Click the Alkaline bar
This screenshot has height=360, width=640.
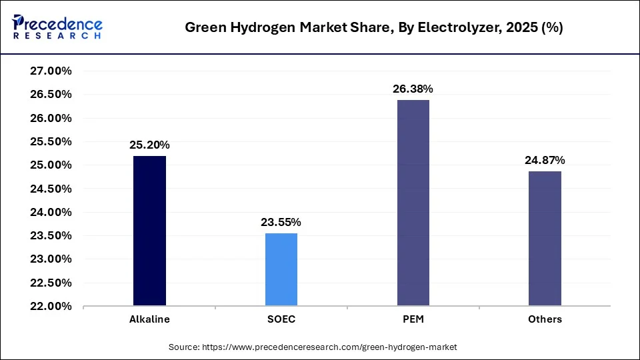[x=149, y=231]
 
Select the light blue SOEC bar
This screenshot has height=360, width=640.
[x=281, y=269]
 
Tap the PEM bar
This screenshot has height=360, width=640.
[x=413, y=203]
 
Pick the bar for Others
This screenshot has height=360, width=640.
[x=545, y=239]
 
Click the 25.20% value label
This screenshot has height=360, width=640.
[x=149, y=145]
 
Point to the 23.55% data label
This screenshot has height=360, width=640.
[x=281, y=222]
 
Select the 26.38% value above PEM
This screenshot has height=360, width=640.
[x=413, y=89]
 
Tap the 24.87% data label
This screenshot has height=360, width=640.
[x=545, y=160]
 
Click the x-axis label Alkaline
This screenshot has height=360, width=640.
[x=149, y=319]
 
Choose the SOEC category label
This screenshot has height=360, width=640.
[x=281, y=319]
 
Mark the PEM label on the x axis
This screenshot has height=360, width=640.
[x=413, y=319]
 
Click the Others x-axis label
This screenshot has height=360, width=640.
[x=545, y=319]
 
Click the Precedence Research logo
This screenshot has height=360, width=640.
[x=57, y=27]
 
